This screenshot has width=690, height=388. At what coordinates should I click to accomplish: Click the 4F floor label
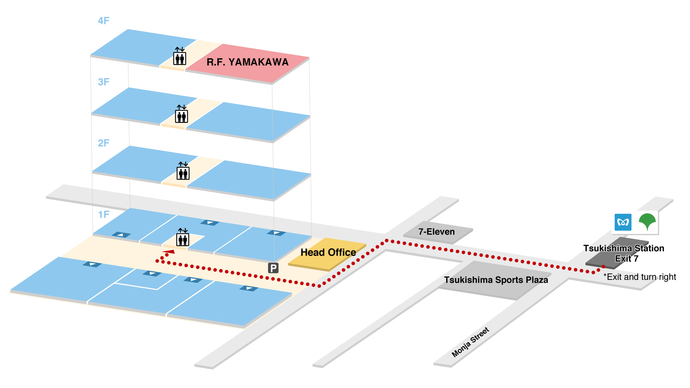[103, 21]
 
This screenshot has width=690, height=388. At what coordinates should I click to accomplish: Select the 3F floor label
[103, 82]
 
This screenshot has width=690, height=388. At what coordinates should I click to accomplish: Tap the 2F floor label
[103, 143]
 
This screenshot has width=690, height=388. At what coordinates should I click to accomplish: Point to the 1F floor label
[103, 215]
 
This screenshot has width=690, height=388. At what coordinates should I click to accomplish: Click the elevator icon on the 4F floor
[180, 56]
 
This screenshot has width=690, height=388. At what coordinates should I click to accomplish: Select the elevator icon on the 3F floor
[181, 114]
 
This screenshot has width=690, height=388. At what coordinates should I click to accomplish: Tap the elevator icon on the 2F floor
[183, 171]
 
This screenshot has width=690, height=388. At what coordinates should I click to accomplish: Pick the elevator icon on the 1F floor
[183, 237]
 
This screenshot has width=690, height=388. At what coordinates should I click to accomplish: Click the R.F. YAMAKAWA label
[247, 62]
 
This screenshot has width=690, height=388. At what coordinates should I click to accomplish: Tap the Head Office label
[328, 253]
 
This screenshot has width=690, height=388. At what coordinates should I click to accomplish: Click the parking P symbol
[273, 268]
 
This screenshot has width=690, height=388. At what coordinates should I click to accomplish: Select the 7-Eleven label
[436, 232]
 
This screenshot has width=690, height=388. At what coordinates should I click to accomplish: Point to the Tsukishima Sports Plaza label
[496, 280]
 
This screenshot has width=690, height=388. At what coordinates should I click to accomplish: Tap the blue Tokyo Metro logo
[623, 222]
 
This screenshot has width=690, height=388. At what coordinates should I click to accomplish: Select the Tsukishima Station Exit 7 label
[624, 253]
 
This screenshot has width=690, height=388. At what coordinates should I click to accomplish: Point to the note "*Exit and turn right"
[640, 277]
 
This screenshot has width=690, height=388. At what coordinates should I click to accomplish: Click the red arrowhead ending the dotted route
[169, 252]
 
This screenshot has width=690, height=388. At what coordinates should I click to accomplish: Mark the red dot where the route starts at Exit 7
[603, 267]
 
